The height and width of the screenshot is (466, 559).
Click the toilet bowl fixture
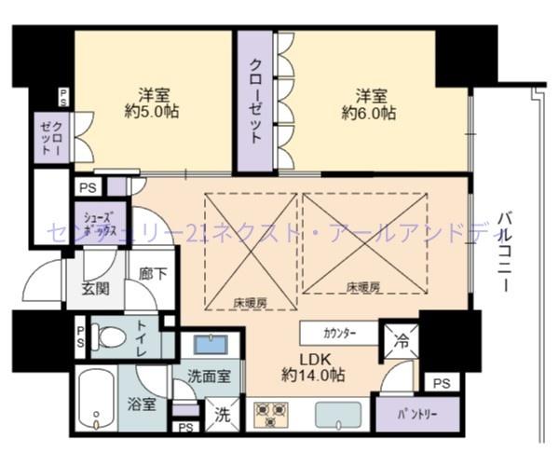click(110, 336)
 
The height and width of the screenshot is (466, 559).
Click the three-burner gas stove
click(270, 413)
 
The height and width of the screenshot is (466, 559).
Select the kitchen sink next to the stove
click(341, 414)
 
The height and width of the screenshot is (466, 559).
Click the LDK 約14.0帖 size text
click(312, 366)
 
